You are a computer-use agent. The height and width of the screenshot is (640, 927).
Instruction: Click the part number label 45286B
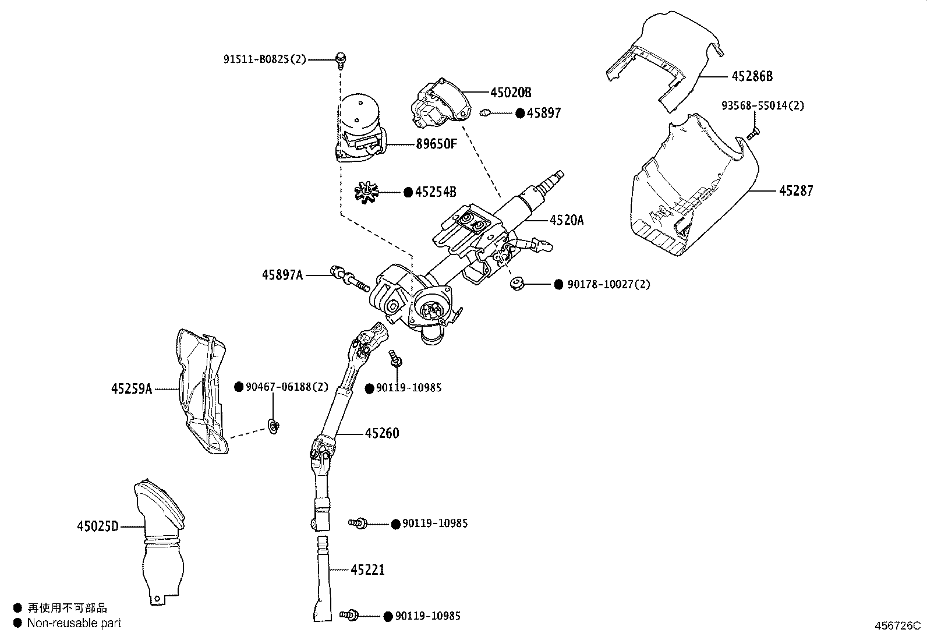click(x=752, y=76)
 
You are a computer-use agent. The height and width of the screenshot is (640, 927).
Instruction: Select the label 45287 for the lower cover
click(x=796, y=190)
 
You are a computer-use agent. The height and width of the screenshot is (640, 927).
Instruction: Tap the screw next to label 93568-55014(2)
click(x=752, y=133)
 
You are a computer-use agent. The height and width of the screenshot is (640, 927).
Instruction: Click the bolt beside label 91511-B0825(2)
click(x=340, y=59)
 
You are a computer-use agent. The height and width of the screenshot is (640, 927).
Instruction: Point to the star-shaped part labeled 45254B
click(x=366, y=191)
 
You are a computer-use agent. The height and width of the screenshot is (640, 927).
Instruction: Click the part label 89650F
click(x=436, y=143)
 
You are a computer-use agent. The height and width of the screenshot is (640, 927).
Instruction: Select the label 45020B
click(x=511, y=93)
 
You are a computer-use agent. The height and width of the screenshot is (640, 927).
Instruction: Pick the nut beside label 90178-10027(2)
click(x=516, y=284)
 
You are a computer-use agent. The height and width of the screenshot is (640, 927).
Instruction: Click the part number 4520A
click(x=567, y=220)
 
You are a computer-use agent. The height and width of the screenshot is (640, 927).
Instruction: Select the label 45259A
click(x=132, y=388)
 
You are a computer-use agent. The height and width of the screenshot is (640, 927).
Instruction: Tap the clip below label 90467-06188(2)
click(x=274, y=427)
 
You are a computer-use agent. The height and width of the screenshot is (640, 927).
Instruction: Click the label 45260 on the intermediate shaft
click(x=382, y=433)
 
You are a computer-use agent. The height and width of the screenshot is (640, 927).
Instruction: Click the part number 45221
click(x=367, y=569)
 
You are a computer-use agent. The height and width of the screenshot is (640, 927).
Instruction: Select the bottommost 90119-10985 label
click(x=428, y=616)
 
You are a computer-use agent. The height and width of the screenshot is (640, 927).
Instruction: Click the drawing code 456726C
click(x=897, y=626)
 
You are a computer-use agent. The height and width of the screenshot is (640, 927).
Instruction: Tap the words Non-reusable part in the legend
click(x=75, y=623)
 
